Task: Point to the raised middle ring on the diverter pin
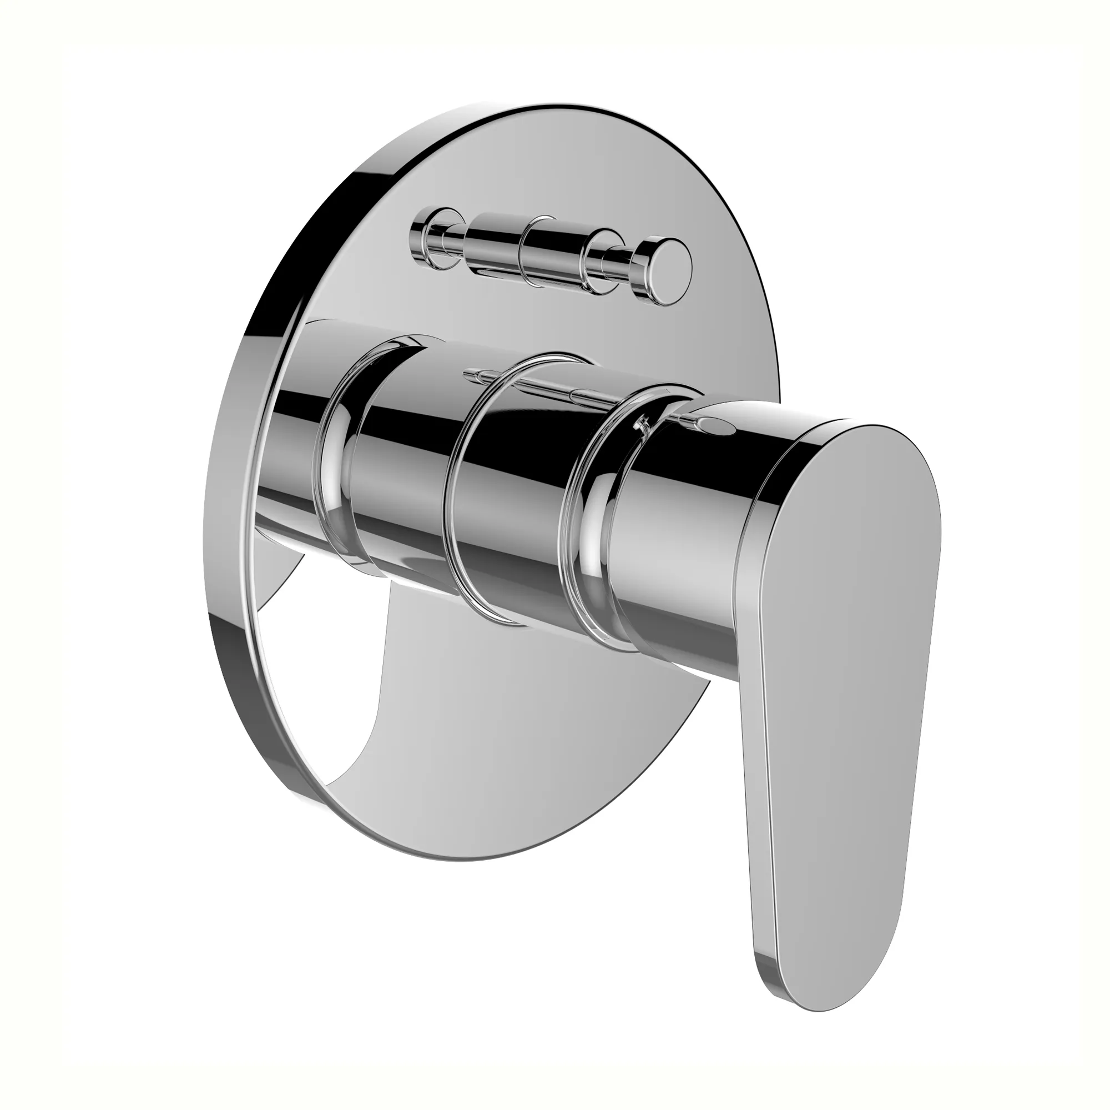pyautogui.click(x=538, y=250)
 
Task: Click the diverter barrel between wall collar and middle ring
pyautogui.click(x=494, y=244)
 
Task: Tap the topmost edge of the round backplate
pyautogui.click(x=552, y=108)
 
